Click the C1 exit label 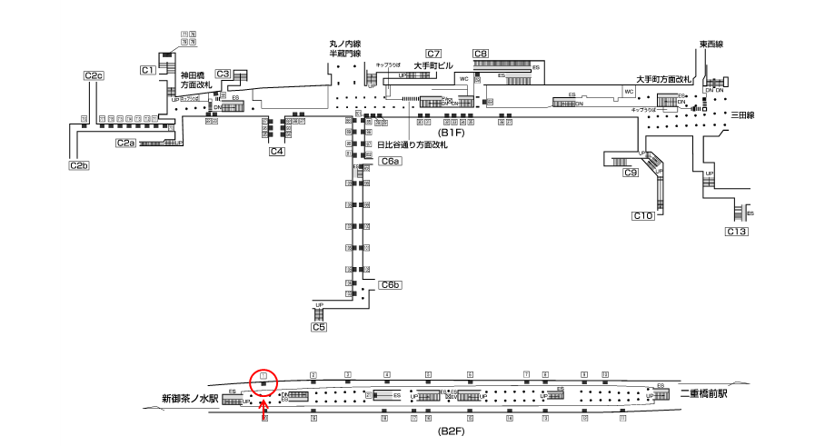[x=148, y=70]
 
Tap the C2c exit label [x=94, y=75]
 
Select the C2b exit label [x=79, y=165]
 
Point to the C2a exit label [x=125, y=143]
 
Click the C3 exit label [x=223, y=74]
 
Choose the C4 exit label [x=277, y=152]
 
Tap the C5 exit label [x=318, y=326]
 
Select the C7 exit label [x=432, y=54]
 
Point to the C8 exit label [x=481, y=54]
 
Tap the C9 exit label [x=630, y=173]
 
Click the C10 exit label [x=642, y=215]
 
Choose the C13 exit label [x=736, y=233]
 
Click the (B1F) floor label [x=452, y=133]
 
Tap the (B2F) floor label [x=452, y=431]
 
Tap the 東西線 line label [x=711, y=44]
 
